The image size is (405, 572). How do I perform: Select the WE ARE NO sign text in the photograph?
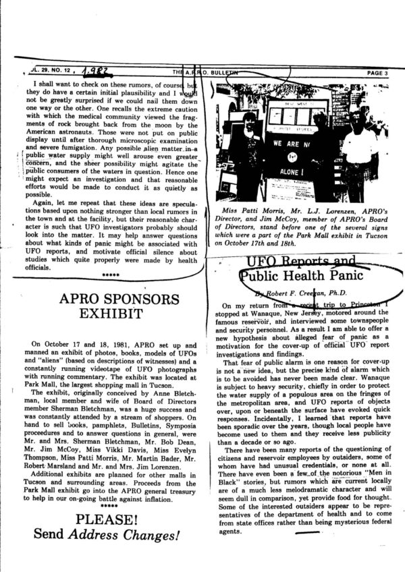[x=290, y=144]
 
